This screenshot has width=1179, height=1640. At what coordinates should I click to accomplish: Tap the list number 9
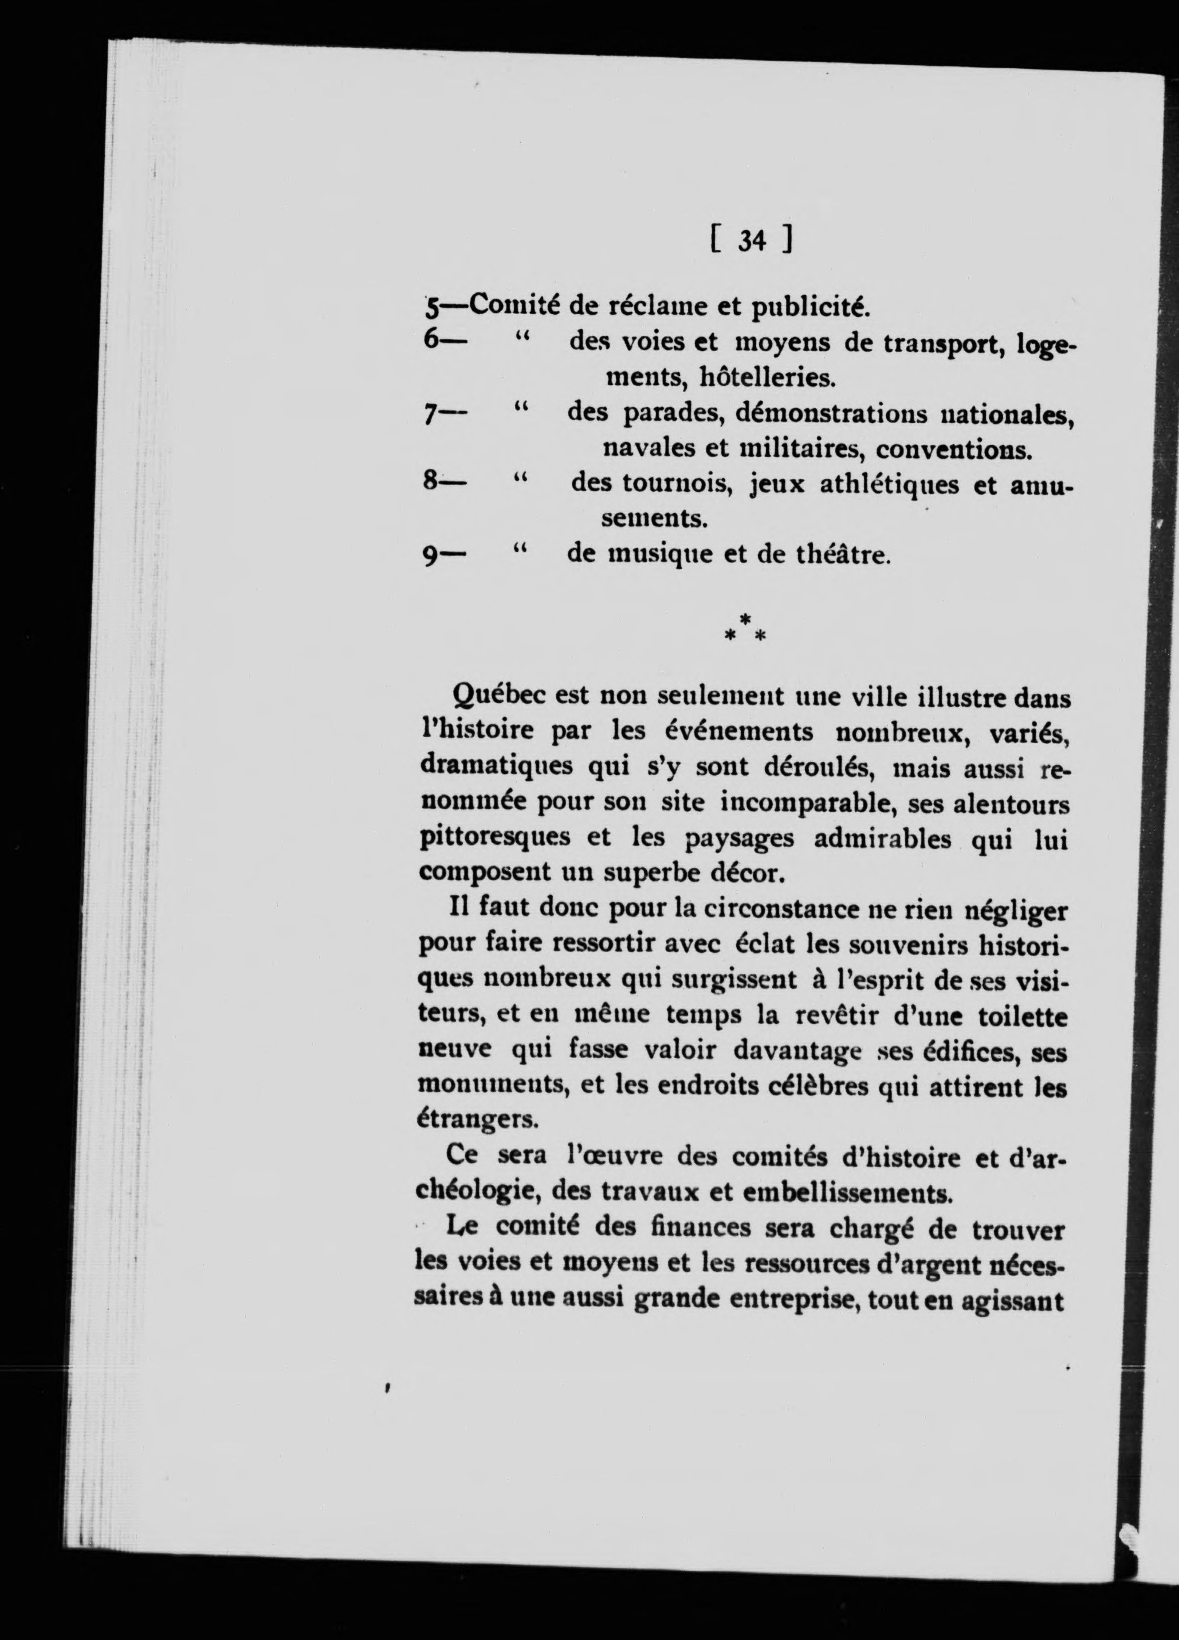pos(430,557)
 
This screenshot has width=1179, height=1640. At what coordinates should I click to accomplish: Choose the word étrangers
pos(477,1120)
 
